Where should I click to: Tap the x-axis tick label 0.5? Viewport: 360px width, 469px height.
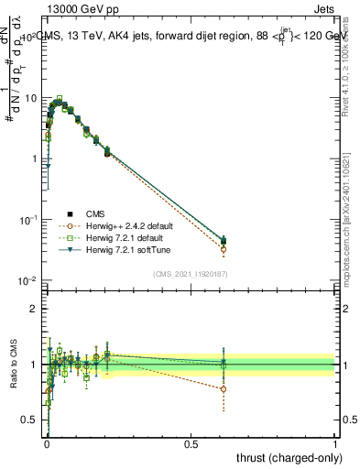coord(191,443)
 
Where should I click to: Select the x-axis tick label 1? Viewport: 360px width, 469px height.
coord(335,443)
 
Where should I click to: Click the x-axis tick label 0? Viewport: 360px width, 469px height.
coord(47,443)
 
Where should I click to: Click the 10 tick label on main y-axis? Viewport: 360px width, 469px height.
coord(29,98)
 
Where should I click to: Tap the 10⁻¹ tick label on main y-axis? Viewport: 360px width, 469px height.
coord(27,220)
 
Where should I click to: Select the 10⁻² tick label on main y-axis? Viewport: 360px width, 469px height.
coord(27,281)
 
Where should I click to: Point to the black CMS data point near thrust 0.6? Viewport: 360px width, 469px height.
coord(224,241)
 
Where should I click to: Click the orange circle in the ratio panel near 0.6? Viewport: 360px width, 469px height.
coord(224,388)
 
